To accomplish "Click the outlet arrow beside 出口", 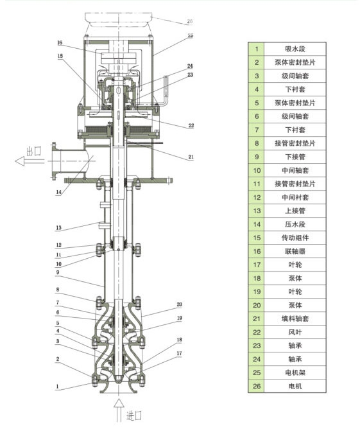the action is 30,161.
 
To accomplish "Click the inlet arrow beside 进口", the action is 119,410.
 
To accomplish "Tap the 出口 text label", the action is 34,151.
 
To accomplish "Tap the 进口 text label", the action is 134,416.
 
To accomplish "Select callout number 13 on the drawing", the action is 58,227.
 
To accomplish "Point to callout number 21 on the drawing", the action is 191,157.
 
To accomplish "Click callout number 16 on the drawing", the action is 60,42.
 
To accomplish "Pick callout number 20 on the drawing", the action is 179,304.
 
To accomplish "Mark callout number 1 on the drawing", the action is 57,387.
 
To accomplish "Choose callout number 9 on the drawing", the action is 58,272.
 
